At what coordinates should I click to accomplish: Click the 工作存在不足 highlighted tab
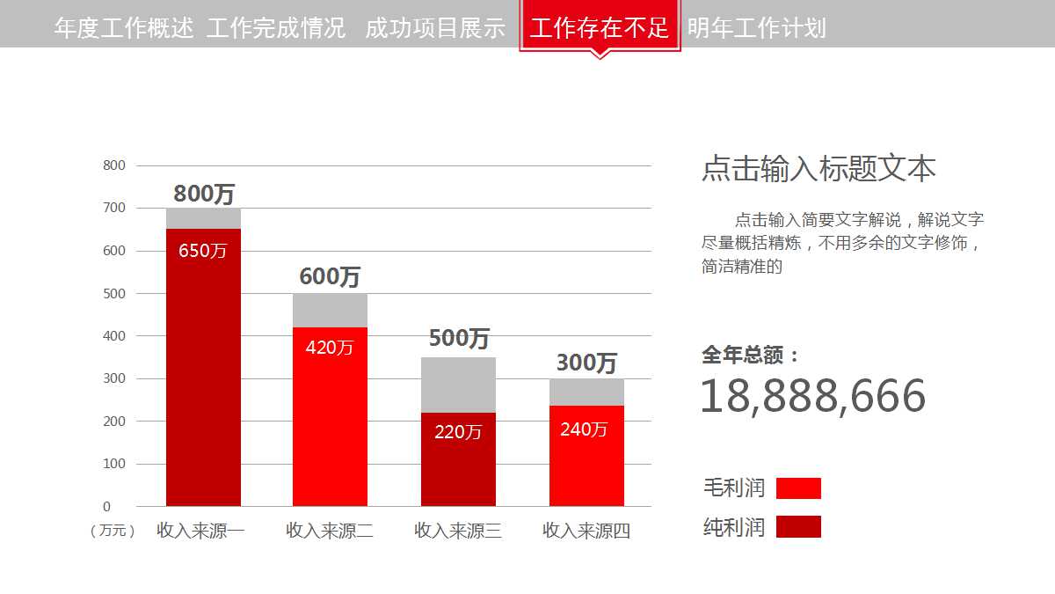pos(600,28)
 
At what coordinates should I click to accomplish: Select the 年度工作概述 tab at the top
pos(124,28)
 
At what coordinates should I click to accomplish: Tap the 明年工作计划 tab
pos(757,28)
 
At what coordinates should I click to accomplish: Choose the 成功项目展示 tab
pos(435,28)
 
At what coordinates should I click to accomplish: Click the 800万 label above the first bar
pos(204,194)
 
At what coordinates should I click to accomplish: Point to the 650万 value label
pos(203,251)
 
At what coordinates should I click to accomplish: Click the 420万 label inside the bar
pos(330,348)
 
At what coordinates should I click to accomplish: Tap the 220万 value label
pos(458,432)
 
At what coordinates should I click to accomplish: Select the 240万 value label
pos(584,429)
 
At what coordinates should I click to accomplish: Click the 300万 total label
pos(586,363)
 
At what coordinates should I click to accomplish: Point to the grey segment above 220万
pos(458,385)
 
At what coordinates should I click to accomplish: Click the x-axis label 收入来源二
pos(330,531)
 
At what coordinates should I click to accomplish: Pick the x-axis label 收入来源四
pos(586,531)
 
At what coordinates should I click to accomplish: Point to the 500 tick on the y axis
pos(114,293)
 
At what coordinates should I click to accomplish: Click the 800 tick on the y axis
pos(114,165)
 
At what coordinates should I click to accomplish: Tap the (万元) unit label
pos(113,531)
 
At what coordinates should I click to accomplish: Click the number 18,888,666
pos(812,396)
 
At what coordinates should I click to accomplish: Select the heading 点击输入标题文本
pos(819,168)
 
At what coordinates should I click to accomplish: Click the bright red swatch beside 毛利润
pos(798,488)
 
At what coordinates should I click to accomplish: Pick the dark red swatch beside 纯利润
pos(798,527)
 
